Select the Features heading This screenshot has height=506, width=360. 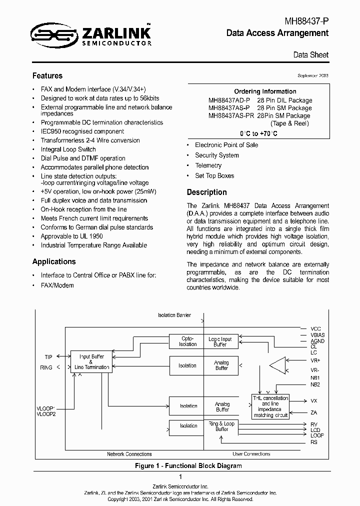tap(47, 76)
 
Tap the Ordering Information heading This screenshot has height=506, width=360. tap(265, 91)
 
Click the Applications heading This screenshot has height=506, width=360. tap(54, 261)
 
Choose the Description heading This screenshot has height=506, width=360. tap(206, 192)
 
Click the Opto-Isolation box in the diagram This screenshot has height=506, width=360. tap(188, 341)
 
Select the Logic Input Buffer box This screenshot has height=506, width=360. tap(220, 341)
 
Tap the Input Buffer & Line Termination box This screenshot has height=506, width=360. tap(91, 362)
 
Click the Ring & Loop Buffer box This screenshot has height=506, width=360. tap(221, 426)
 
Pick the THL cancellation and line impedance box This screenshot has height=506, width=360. tap(270, 406)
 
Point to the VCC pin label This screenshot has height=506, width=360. tap(316, 329)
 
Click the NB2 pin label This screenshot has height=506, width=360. tap(315, 384)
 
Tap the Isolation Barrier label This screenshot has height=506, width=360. tap(174, 315)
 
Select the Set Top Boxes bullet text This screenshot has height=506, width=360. tap(214, 175)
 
